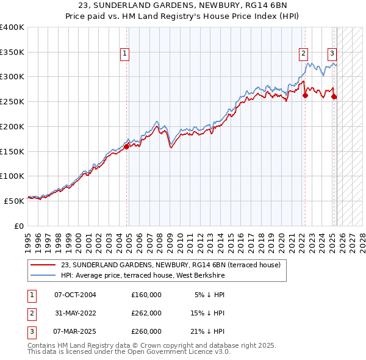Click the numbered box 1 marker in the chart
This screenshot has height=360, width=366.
pos(124,54)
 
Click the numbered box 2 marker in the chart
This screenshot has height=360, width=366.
pos(303,54)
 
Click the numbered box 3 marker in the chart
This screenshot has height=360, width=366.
pos(332,54)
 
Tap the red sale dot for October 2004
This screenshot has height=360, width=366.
pos(127,146)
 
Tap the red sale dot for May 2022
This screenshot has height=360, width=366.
pos(305,95)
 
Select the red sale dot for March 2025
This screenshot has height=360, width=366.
pos(334,96)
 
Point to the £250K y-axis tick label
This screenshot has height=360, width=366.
pos(12,101)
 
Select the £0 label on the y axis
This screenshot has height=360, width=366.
pos(18,225)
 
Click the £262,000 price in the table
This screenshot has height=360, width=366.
pos(146,313)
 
